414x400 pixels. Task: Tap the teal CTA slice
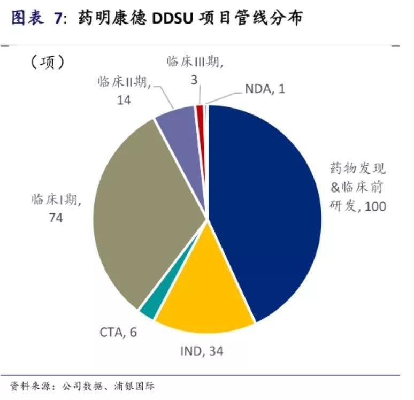point(147,311)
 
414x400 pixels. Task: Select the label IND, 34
point(201,351)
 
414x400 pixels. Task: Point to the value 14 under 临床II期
point(124,99)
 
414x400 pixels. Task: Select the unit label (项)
point(48,63)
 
